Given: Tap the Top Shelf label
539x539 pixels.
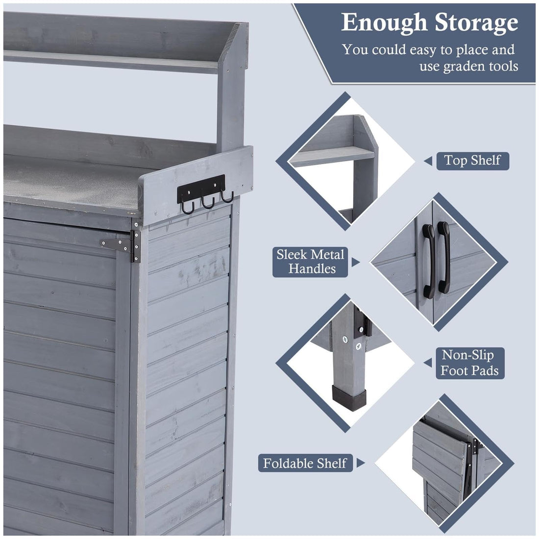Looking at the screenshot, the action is coord(473,161).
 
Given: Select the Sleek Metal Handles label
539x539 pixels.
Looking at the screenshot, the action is coord(310,262).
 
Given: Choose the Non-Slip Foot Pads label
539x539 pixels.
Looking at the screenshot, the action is coord(470,363).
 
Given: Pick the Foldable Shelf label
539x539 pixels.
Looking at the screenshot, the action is coord(305,463).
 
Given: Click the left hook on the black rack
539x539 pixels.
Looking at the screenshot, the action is coord(188,207).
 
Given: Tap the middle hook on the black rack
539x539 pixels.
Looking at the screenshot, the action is coord(208,202).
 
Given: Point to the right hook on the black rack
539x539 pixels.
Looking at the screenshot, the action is coord(227,197).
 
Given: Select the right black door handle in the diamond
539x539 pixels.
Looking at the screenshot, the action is coord(443,257).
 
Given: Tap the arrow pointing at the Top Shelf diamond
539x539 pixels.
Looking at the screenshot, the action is coord(428,161).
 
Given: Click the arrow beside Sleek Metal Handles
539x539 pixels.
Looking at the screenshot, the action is coord(355,262).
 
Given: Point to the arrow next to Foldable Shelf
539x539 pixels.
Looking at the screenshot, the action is coord(360,463).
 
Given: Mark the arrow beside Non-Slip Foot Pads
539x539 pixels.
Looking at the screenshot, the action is coord(428,363).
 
